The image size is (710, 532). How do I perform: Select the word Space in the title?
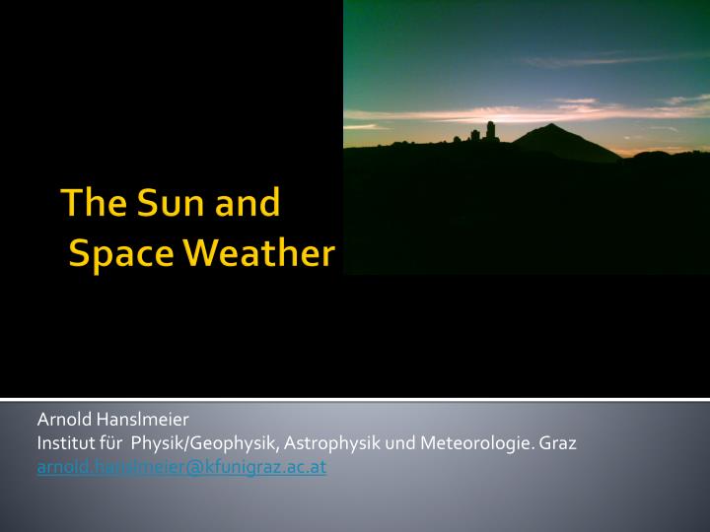pos(122,253)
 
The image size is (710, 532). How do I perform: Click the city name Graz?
pos(558,444)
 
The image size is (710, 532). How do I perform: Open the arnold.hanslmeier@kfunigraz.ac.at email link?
pos(181,468)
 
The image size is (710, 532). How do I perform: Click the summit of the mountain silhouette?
pos(549,126)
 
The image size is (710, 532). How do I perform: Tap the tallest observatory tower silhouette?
pos(489,130)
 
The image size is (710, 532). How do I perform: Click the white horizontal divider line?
pos(355,400)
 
